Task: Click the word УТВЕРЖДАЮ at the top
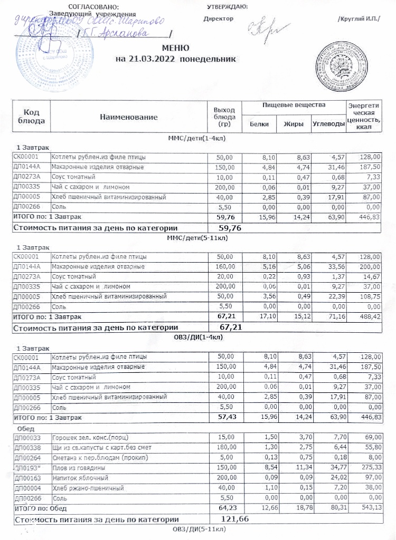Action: [229, 6]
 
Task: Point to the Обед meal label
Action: [27, 429]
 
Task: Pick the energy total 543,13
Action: [369, 508]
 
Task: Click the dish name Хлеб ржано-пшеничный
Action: [83, 488]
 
